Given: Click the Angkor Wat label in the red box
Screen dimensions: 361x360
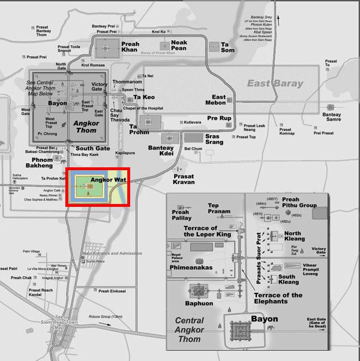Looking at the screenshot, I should click(108, 179).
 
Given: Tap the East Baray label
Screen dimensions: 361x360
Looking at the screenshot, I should click(275, 84).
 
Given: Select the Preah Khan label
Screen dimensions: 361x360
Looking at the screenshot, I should click(130, 46).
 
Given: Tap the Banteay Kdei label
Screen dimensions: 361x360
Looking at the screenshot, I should click(161, 151).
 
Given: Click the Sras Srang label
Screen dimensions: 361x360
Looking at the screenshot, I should click(212, 139).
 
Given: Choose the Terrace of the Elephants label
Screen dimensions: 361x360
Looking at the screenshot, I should click(278, 298).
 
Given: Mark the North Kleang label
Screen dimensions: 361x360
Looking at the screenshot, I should click(295, 236).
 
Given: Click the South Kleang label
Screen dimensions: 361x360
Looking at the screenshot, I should click(288, 280).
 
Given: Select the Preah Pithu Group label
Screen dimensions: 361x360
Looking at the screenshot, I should click(299, 202).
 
